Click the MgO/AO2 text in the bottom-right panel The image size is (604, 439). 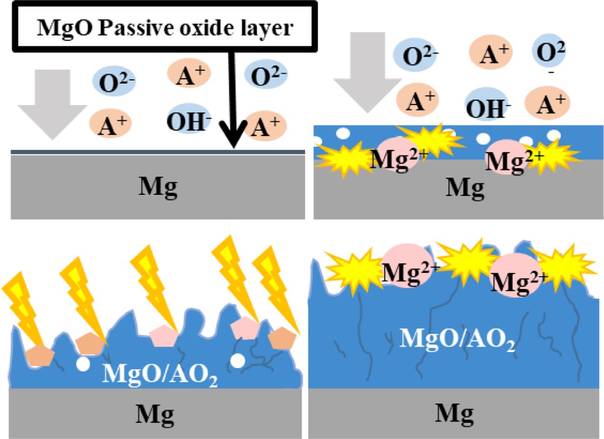[457, 339]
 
